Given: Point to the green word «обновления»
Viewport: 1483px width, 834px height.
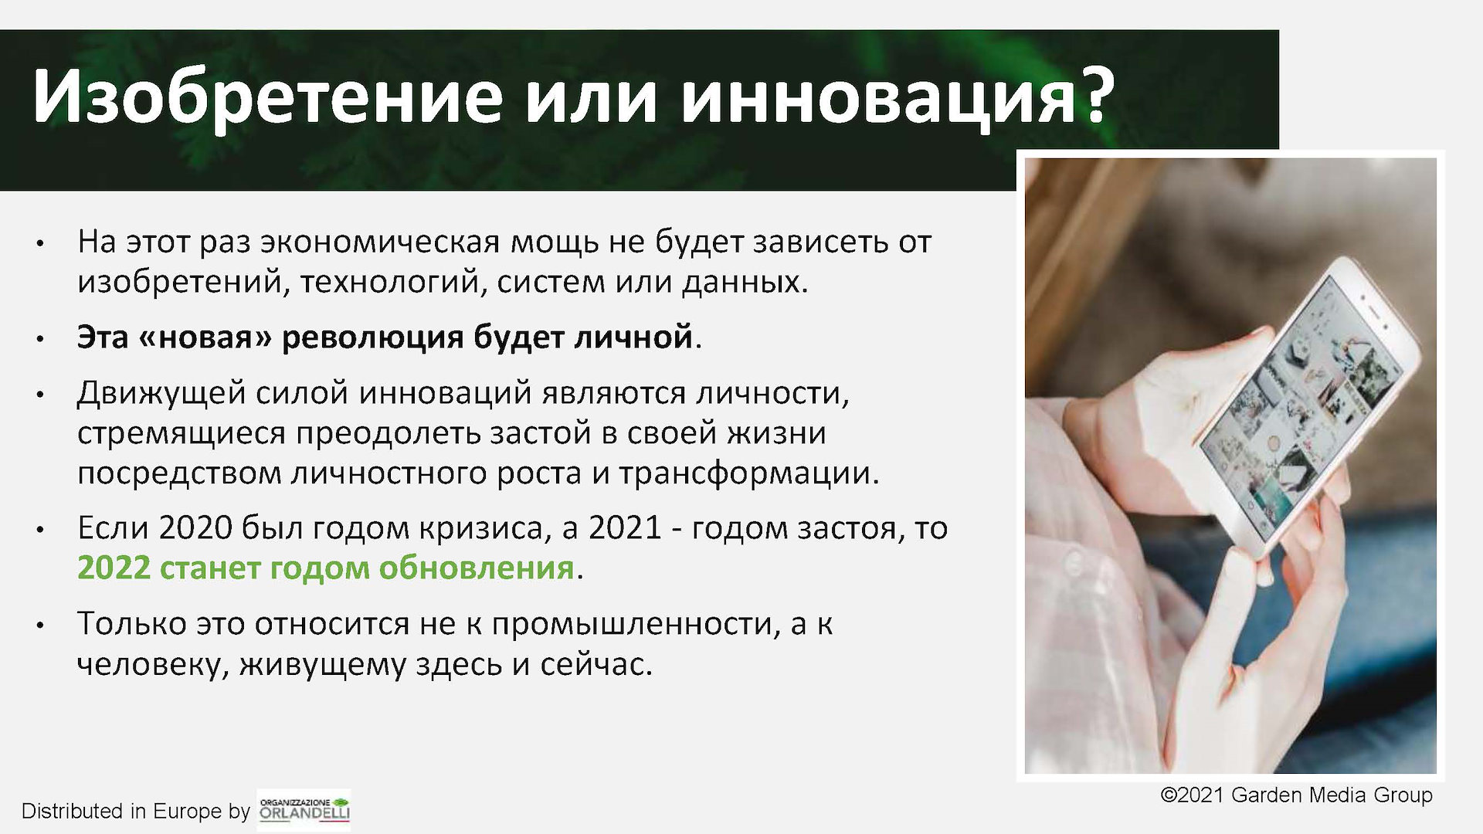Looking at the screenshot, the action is click(476, 568).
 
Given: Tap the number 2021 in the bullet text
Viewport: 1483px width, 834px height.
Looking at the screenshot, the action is click(624, 528).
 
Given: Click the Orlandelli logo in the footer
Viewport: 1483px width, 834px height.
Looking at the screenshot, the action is click(304, 809).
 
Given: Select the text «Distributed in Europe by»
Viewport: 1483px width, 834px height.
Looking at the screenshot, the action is click(136, 811).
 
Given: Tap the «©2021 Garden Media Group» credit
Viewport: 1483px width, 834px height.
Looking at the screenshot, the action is click(1297, 795).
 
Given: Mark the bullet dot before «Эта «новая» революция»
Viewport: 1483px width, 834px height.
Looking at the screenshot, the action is click(39, 339).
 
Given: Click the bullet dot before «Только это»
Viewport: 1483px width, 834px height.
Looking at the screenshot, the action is click(39, 625).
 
